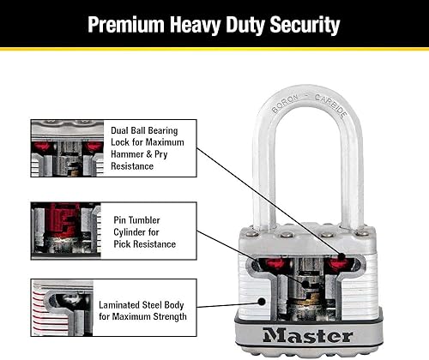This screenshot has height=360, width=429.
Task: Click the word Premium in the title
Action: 130,24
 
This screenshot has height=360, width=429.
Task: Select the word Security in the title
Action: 300,24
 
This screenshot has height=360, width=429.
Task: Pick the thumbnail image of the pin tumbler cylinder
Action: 65,230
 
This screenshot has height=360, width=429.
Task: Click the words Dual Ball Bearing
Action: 146,131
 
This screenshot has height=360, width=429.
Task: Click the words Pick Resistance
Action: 144,244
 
